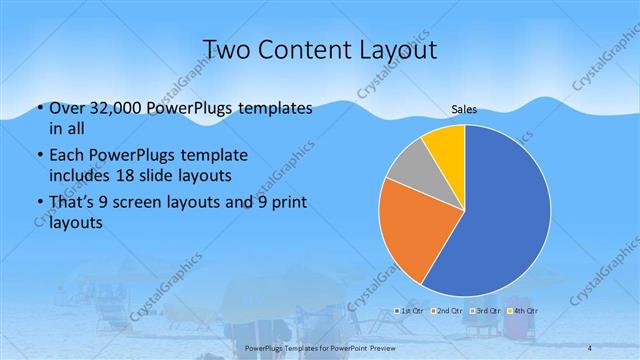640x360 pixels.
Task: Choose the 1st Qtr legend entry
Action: [410, 311]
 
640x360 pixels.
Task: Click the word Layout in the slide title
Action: [393, 50]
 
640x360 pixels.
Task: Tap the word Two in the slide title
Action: [225, 50]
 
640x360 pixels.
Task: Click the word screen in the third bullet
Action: [152, 203]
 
